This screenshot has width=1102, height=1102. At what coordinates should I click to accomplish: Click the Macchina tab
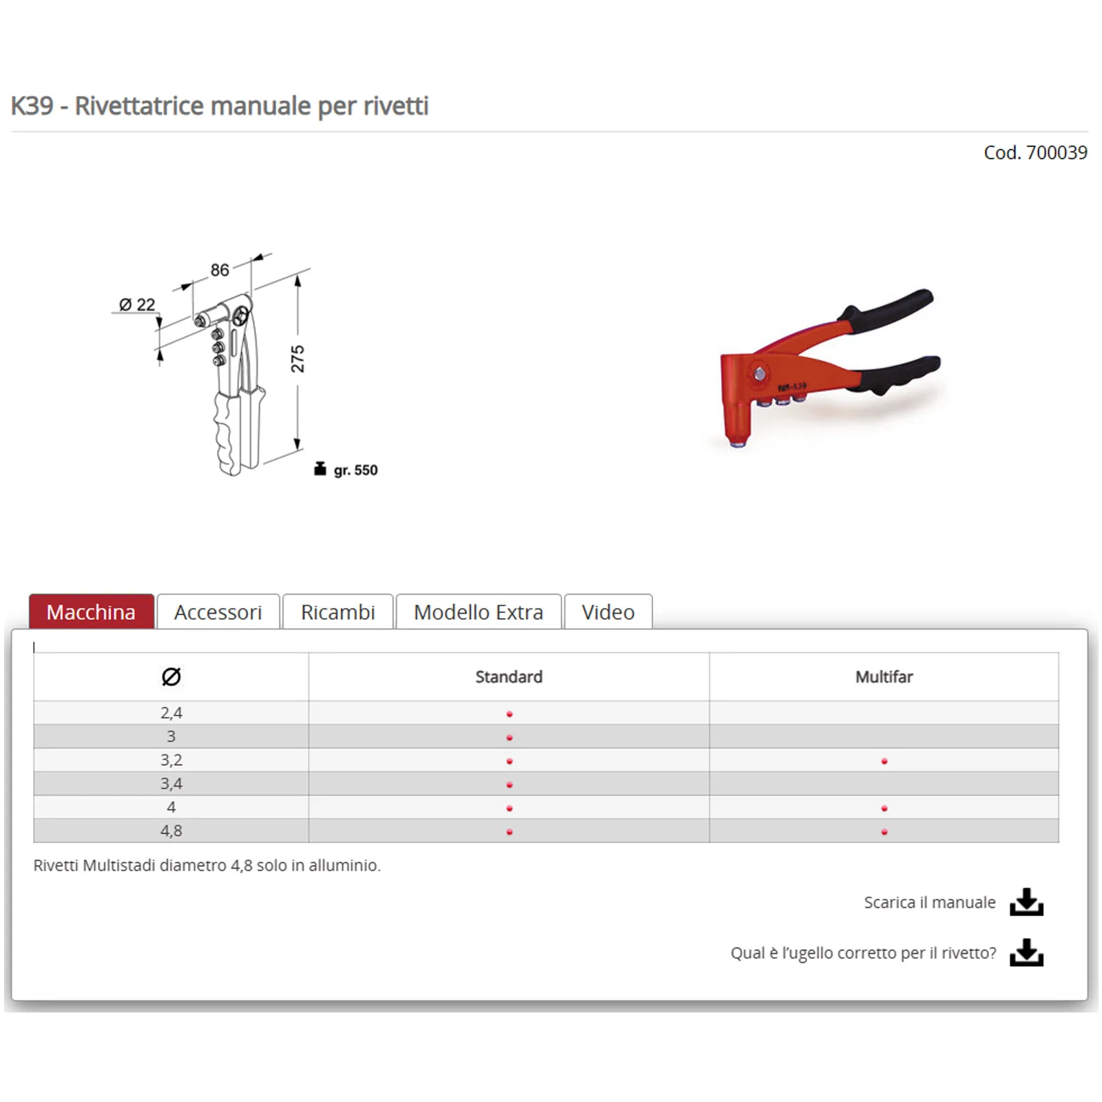(91, 612)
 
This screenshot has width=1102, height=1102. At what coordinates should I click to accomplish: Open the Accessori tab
(218, 612)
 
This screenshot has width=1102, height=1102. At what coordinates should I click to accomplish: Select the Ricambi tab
(337, 612)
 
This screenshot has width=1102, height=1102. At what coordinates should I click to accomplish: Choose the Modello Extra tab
(478, 612)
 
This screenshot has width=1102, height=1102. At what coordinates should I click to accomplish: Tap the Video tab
(607, 612)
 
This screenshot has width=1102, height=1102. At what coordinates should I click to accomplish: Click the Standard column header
(509, 676)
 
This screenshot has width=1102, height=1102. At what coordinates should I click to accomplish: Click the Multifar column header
(884, 676)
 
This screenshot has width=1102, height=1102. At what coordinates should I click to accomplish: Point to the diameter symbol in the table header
(171, 676)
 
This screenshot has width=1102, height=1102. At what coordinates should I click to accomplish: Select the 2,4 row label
(171, 713)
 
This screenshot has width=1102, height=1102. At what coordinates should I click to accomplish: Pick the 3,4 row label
(171, 784)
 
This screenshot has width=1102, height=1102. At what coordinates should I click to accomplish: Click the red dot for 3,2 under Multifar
(884, 761)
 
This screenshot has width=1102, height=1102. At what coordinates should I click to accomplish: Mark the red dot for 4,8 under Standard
(510, 832)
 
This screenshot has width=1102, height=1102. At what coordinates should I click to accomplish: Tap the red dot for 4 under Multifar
(884, 808)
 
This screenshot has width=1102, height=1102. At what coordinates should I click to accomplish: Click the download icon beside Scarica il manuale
(1026, 902)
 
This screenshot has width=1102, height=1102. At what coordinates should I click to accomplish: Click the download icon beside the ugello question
(1026, 953)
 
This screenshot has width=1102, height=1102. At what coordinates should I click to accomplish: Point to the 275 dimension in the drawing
(298, 359)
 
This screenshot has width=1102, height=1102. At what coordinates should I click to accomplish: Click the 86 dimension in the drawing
(220, 270)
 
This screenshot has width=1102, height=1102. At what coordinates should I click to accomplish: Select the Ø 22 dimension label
(137, 304)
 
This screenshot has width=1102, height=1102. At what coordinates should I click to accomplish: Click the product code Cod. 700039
(1035, 152)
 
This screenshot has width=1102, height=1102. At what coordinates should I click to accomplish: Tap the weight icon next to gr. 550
(320, 469)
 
